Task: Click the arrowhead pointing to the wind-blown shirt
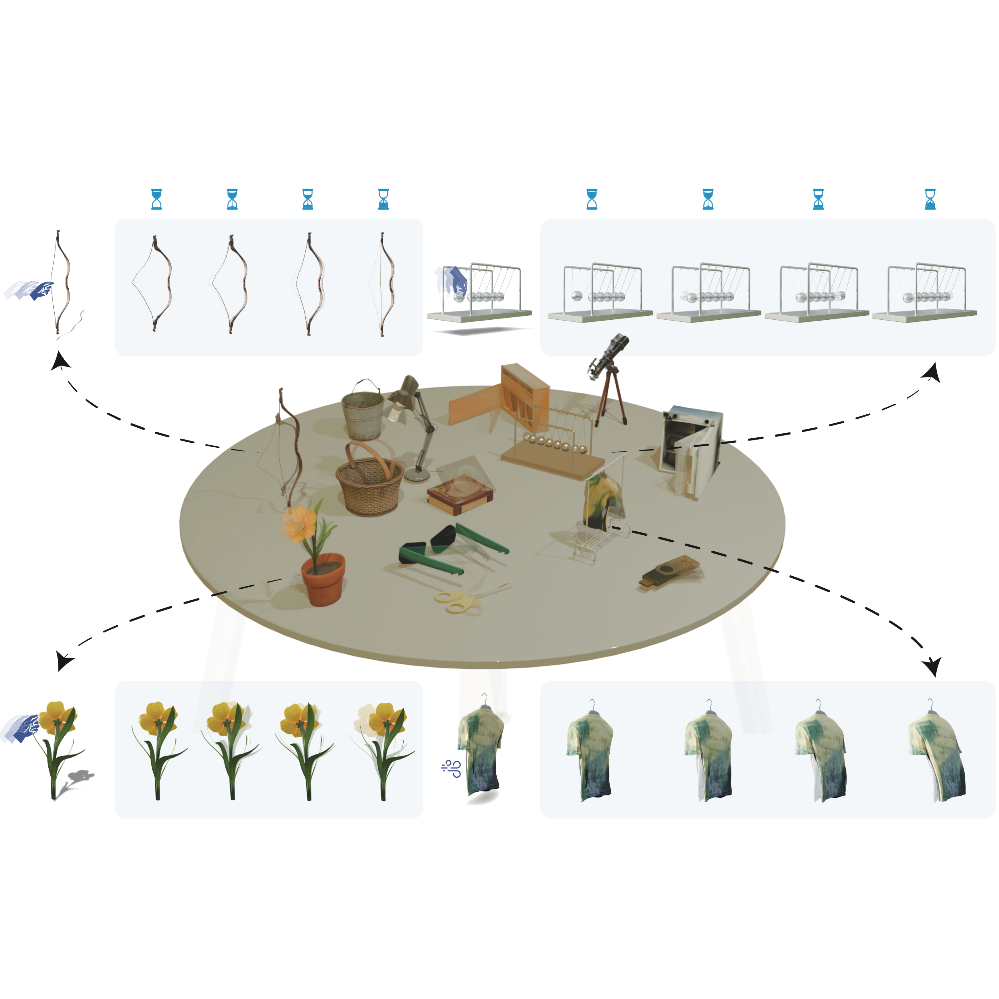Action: click(934, 667)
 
